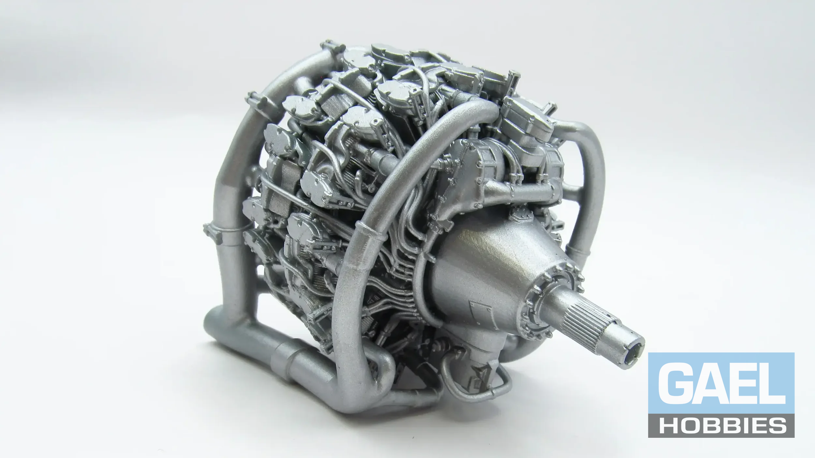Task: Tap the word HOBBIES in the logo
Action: pos(721,425)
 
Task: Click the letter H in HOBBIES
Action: pos(667,425)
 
